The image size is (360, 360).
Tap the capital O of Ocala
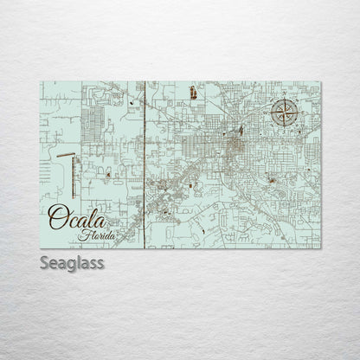coord(57,217)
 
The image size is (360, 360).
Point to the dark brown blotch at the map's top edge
coord(194,90)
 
